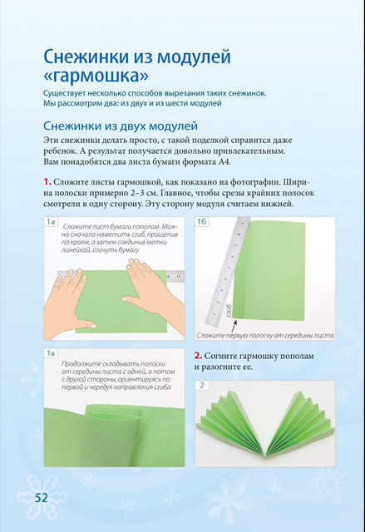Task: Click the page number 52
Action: point(41,498)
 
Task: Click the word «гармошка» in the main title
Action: point(96,76)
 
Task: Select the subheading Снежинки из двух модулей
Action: point(121,126)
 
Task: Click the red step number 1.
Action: point(47,182)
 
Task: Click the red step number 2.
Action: point(198,356)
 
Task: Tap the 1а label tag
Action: point(51,222)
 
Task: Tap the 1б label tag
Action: point(201,222)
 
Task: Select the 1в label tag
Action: point(51,353)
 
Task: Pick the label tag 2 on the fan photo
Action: point(202,386)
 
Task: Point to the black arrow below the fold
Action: point(234,327)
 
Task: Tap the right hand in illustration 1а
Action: point(150,285)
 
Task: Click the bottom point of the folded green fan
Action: point(264,456)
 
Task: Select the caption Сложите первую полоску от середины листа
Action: point(265,336)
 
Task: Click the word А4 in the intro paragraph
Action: point(224,162)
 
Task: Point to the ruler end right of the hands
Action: point(175,277)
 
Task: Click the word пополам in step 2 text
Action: point(292,357)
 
